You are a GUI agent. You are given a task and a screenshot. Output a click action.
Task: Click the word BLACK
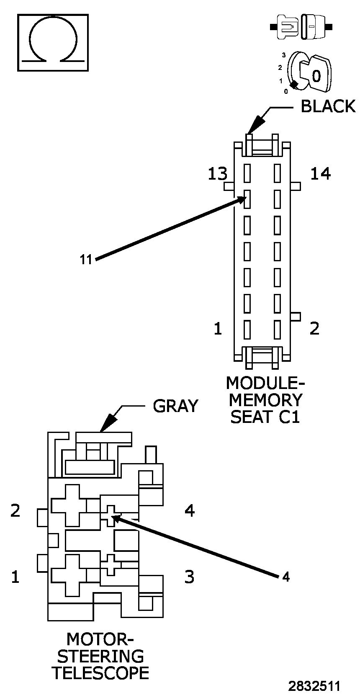click(x=328, y=106)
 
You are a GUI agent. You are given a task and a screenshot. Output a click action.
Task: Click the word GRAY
click(x=175, y=406)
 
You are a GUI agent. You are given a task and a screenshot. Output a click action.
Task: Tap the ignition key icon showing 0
click(x=312, y=74)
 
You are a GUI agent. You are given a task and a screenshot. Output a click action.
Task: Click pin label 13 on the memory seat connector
click(x=217, y=173)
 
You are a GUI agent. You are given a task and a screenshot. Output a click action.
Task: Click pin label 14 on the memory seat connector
click(x=320, y=173)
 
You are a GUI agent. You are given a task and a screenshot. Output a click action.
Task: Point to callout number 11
click(x=86, y=260)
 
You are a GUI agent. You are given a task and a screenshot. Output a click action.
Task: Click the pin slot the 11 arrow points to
click(x=247, y=199)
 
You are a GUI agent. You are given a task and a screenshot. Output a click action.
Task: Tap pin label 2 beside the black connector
click(x=314, y=329)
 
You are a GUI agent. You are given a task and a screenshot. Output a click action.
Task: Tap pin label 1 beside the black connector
click(x=218, y=329)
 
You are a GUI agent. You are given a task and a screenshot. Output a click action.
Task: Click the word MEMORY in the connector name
click(x=265, y=400)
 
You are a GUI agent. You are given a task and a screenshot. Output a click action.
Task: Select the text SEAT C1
click(x=265, y=417)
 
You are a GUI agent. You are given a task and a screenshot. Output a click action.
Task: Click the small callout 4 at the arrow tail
click(x=285, y=577)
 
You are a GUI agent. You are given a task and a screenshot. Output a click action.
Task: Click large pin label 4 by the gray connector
click(x=190, y=510)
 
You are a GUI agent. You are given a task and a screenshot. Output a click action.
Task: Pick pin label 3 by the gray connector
click(x=189, y=577)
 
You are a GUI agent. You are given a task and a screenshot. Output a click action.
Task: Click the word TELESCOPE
click(x=100, y=673)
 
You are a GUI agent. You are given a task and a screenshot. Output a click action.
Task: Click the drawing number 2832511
click(x=314, y=686)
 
